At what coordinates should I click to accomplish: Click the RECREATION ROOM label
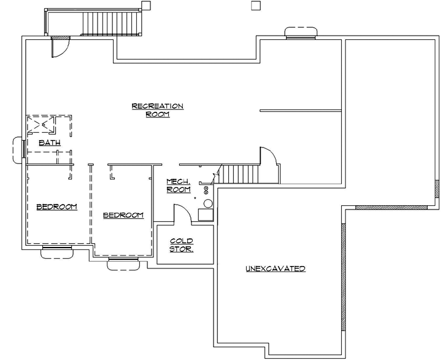[158, 110]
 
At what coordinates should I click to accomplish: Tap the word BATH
[49, 143]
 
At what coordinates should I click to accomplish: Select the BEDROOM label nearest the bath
[56, 206]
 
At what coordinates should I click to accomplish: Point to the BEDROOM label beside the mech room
[123, 215]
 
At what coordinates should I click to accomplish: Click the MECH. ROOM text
[179, 186]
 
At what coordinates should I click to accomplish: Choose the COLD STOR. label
[182, 245]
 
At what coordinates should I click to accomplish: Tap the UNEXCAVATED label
[276, 269]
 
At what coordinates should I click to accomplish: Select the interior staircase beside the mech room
[241, 174]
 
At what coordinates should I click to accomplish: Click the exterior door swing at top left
[61, 47]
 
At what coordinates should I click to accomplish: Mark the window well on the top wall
[301, 33]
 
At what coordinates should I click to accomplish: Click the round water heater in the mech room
[207, 203]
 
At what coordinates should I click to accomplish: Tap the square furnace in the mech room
[204, 214]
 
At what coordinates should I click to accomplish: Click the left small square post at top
[147, 6]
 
